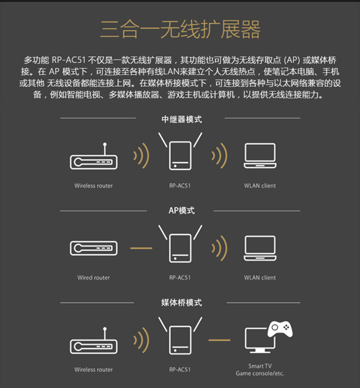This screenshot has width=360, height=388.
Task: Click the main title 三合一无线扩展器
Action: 180,29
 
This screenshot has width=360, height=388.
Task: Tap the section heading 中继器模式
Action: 181,119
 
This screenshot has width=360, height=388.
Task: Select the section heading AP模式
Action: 181,211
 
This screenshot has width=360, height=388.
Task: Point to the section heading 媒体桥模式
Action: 181,302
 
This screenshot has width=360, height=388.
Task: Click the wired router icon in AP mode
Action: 94,248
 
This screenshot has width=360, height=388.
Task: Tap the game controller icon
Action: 280,329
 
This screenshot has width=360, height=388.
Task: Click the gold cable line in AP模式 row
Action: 141,248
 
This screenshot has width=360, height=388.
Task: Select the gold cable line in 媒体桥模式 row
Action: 219,340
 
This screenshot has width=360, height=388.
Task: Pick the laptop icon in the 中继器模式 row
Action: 260,156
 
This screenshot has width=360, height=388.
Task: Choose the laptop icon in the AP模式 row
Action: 260,248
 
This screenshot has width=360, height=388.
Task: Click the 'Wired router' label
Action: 93,278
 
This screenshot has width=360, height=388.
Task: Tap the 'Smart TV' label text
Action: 260,366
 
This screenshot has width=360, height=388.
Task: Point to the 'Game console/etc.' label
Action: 260,374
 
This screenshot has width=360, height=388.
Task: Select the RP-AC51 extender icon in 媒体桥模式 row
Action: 180,336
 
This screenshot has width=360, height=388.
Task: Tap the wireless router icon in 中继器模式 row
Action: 94,156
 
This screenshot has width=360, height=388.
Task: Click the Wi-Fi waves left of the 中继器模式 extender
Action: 142,156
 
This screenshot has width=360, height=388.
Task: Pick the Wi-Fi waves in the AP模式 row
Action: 219,248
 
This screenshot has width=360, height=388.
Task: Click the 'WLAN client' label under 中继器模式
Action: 260,186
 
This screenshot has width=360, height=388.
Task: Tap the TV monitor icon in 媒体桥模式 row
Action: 260,340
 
